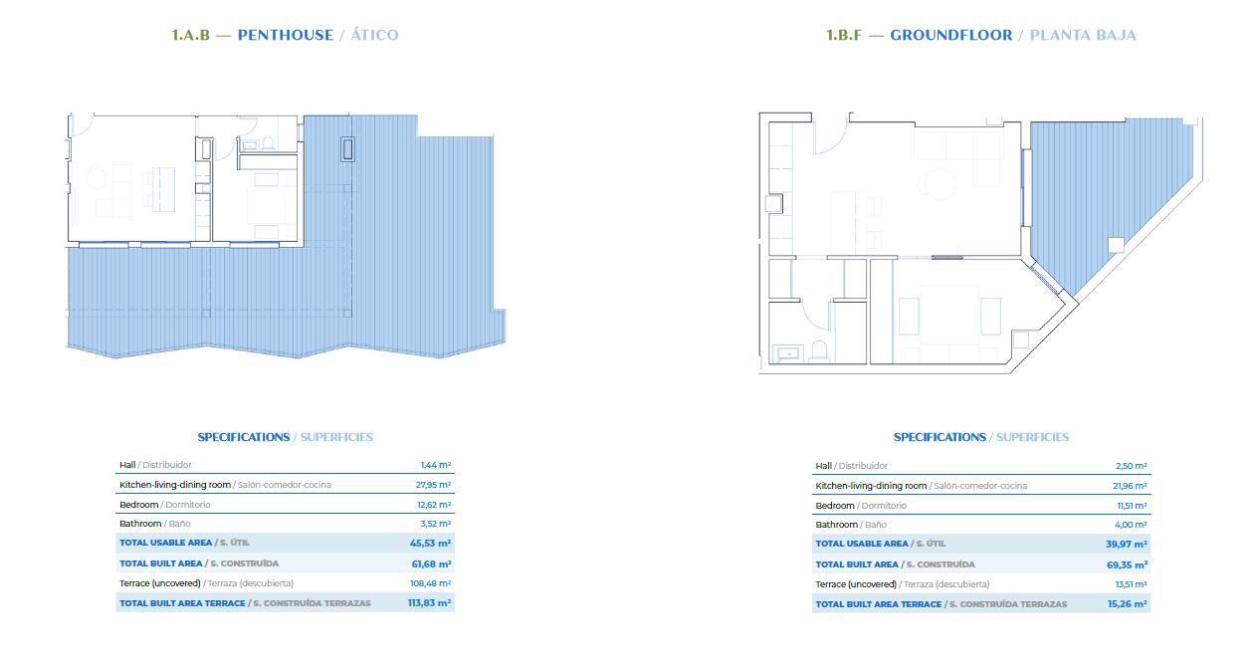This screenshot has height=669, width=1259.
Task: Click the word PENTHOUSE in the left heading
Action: (x=285, y=35)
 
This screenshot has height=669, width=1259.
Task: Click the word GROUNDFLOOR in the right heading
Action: (x=951, y=35)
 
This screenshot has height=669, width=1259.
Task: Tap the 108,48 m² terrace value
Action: (x=431, y=583)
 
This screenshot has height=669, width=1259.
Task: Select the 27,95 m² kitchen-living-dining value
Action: (x=433, y=485)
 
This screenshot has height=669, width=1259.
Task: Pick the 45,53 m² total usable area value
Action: (x=430, y=544)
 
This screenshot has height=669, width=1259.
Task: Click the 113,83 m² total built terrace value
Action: (x=429, y=603)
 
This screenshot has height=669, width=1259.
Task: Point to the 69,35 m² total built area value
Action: (x=1127, y=565)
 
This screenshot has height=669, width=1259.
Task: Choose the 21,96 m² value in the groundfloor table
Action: (x=1130, y=486)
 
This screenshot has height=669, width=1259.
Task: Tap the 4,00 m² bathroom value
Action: (x=1131, y=525)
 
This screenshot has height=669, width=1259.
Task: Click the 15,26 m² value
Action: (x=1128, y=604)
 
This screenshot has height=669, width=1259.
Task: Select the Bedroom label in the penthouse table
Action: (x=138, y=505)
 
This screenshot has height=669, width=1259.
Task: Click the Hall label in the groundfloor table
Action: (x=823, y=466)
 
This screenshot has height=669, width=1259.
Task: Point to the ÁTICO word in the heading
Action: (x=374, y=35)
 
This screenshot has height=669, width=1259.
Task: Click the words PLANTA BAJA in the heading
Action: (x=1083, y=35)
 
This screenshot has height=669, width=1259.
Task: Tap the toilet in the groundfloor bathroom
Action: (x=819, y=350)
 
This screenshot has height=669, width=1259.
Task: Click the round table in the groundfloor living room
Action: (x=936, y=184)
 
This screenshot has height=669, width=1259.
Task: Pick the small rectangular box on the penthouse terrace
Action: (x=348, y=149)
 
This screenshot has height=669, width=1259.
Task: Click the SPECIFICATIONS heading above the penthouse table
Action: (x=244, y=437)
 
